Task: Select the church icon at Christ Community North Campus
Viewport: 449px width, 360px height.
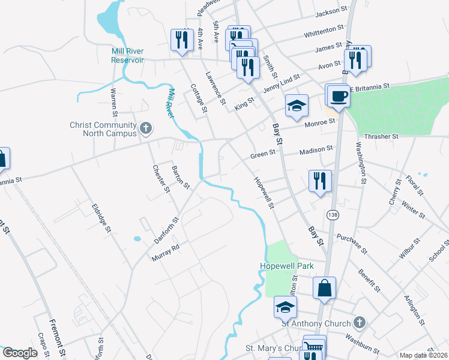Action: [x=145, y=128]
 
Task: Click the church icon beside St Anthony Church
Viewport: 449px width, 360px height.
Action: [x=359, y=323]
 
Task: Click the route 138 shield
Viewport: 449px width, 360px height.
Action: [x=332, y=214]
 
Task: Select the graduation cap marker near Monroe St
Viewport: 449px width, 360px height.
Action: [x=296, y=106]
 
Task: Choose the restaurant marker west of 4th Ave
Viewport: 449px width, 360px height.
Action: [x=180, y=40]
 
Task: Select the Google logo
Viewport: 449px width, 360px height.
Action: [x=20, y=353]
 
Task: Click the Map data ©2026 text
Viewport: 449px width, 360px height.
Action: [x=423, y=355]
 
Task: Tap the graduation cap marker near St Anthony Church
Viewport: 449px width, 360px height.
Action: [x=285, y=307]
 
